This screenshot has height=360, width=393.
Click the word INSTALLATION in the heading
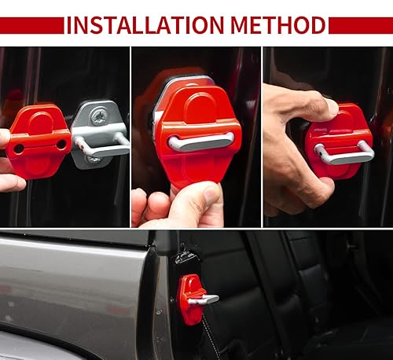click(x=145, y=24)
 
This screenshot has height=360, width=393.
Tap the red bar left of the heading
click(x=31, y=25)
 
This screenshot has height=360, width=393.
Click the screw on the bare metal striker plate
click(x=99, y=116)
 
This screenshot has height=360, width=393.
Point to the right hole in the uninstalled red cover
click(x=61, y=145)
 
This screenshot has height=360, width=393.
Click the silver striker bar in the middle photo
click(x=200, y=141)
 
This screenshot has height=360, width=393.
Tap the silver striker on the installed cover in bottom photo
click(x=204, y=299)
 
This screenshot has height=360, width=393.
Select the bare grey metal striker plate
click(x=99, y=134)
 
